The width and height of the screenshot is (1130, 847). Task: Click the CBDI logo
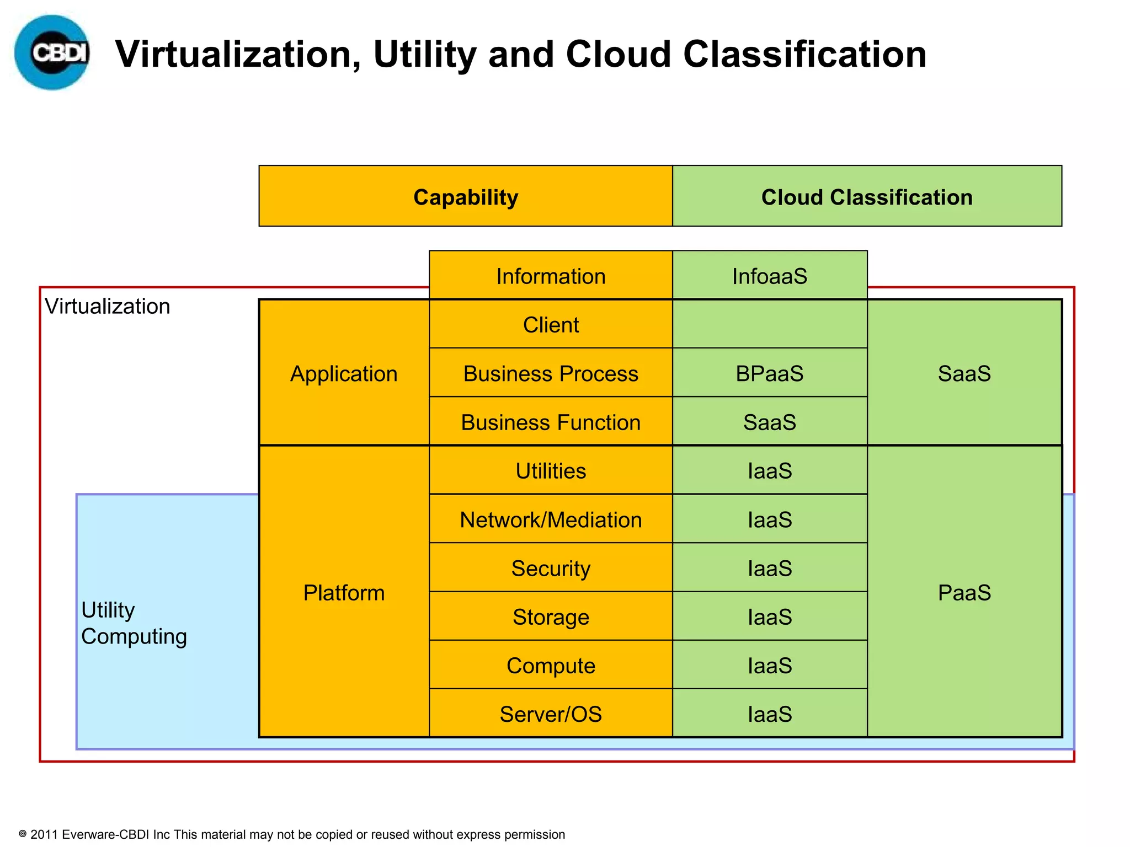pos(52,52)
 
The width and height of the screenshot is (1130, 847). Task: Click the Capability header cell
pos(466,197)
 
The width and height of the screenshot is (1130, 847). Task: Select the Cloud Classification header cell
pos(867,197)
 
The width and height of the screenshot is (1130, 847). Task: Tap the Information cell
pos(551,276)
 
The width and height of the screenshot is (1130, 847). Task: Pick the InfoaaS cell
pos(770,276)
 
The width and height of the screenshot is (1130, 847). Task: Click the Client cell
pos(551,325)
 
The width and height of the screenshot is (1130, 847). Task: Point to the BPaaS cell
pos(770,373)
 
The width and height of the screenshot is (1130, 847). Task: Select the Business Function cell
pos(551,422)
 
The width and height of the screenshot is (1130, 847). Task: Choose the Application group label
pos(344,373)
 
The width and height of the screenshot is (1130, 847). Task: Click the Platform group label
pos(344,593)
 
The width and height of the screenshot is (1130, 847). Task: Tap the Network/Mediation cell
pos(551,519)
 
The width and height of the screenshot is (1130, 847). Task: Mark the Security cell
pos(551,568)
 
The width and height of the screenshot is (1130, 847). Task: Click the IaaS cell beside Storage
pos(770,617)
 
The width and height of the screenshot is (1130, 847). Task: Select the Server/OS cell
pos(551,714)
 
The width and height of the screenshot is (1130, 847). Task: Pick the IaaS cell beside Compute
pos(770,666)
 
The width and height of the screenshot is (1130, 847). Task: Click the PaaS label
pos(964,593)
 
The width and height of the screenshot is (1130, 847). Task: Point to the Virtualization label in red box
pos(108,306)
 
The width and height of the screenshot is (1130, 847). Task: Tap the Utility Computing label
pos(134,623)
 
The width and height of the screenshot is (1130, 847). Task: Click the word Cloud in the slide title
pos(619,54)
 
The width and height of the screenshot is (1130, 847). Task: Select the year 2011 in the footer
pos(44,834)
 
